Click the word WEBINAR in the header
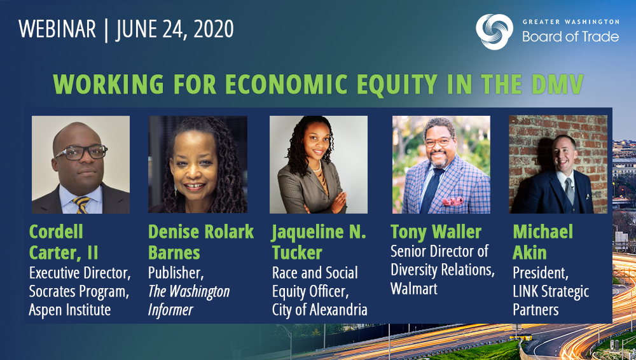tap(57, 29)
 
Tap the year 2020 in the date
tap(213, 29)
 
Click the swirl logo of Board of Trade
tap(494, 32)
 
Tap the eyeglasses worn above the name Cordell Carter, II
tap(80, 152)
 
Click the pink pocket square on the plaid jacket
tap(453, 201)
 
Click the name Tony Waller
tap(436, 232)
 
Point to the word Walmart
tap(414, 289)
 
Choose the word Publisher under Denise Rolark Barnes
tap(176, 273)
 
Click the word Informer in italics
tap(170, 310)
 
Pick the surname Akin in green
tap(529, 253)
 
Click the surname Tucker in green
tap(297, 253)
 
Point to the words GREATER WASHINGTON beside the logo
tap(570, 22)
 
